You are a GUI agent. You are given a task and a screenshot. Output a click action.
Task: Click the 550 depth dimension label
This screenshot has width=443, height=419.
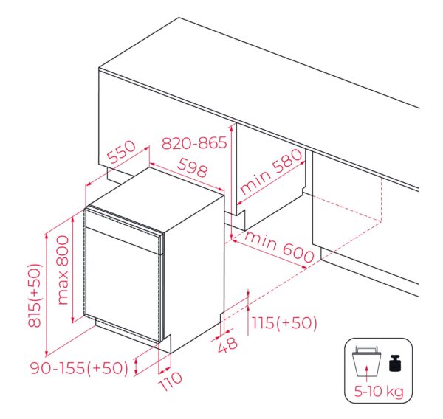[x=123, y=152]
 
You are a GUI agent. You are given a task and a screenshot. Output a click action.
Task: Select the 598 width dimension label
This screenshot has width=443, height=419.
[x=193, y=167]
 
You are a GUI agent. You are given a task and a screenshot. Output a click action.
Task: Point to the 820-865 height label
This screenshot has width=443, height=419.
[x=194, y=142]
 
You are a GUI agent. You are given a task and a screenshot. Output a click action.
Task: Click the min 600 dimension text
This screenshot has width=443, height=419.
[x=279, y=247]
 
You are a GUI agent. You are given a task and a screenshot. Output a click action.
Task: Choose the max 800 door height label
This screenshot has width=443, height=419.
[x=63, y=270]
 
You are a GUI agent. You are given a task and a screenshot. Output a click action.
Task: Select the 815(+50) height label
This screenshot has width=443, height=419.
[x=35, y=296]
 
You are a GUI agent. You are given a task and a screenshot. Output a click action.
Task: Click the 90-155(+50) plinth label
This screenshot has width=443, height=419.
[x=80, y=368]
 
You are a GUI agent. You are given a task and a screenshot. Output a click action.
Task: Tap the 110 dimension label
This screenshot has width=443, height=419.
[x=171, y=381]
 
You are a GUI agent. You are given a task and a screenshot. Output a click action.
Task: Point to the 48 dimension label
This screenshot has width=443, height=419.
[x=227, y=344]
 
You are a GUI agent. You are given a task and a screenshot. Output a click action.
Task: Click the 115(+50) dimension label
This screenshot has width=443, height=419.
[x=284, y=322]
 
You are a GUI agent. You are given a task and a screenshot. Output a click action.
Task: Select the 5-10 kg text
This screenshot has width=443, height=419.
[x=379, y=391]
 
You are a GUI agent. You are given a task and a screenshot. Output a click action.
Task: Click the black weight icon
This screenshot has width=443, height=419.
[x=395, y=363]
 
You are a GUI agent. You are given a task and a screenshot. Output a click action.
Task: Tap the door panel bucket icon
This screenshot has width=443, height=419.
[x=366, y=361]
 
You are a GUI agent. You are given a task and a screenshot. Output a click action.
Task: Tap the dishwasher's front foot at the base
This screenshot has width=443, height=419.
[x=165, y=344]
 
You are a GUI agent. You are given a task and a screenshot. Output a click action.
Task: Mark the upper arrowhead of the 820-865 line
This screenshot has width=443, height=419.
[x=231, y=128]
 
